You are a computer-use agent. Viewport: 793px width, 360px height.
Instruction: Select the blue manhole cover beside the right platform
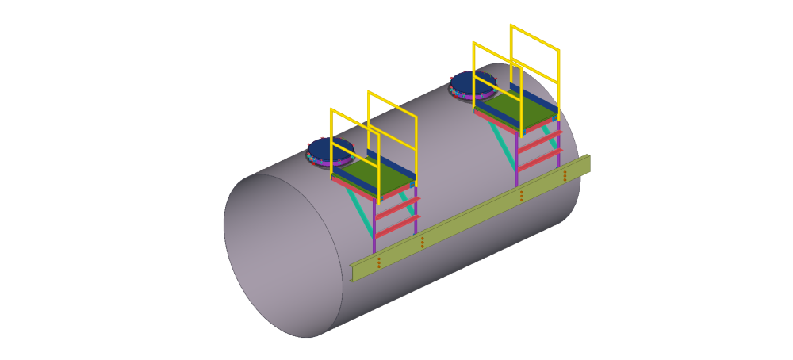point(472,82)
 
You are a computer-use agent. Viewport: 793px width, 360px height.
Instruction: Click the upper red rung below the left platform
point(396,210)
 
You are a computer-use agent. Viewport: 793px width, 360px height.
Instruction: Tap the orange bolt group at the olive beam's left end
point(378,262)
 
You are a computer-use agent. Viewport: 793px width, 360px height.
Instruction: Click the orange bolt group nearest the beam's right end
point(565,175)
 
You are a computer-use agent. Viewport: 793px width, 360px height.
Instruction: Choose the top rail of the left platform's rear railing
point(392,104)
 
